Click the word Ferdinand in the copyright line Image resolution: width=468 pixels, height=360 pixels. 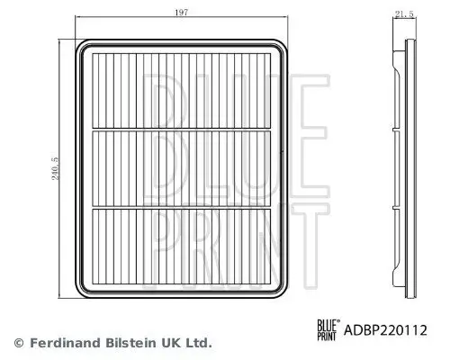pos(61,343)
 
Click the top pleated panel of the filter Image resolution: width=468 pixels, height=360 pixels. pos(185,89)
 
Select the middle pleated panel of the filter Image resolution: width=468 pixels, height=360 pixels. pos(185,167)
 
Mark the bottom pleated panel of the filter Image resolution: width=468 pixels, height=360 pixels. pos(185,245)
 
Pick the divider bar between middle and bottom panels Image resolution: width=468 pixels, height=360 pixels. pos(185,207)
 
